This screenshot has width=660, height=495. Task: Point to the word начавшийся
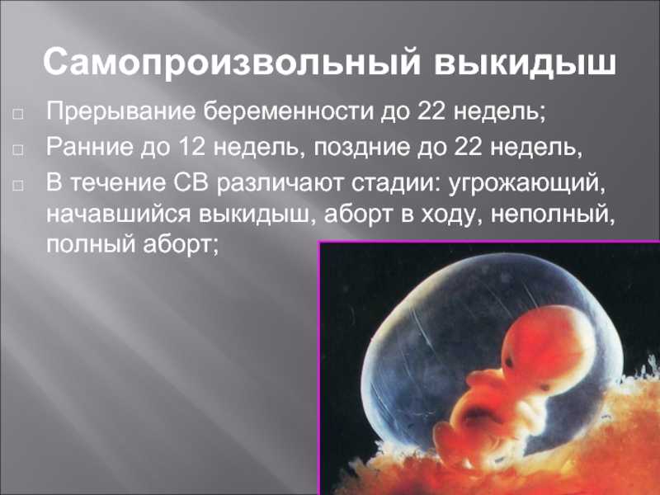pyautogui.click(x=118, y=214)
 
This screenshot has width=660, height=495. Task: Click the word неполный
pyautogui.click(x=553, y=214)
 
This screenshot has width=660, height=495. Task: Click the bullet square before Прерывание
pyautogui.click(x=18, y=115)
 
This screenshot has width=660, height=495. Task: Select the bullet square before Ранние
pyautogui.click(x=18, y=149)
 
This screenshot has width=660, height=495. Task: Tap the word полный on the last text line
pyautogui.click(x=91, y=245)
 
